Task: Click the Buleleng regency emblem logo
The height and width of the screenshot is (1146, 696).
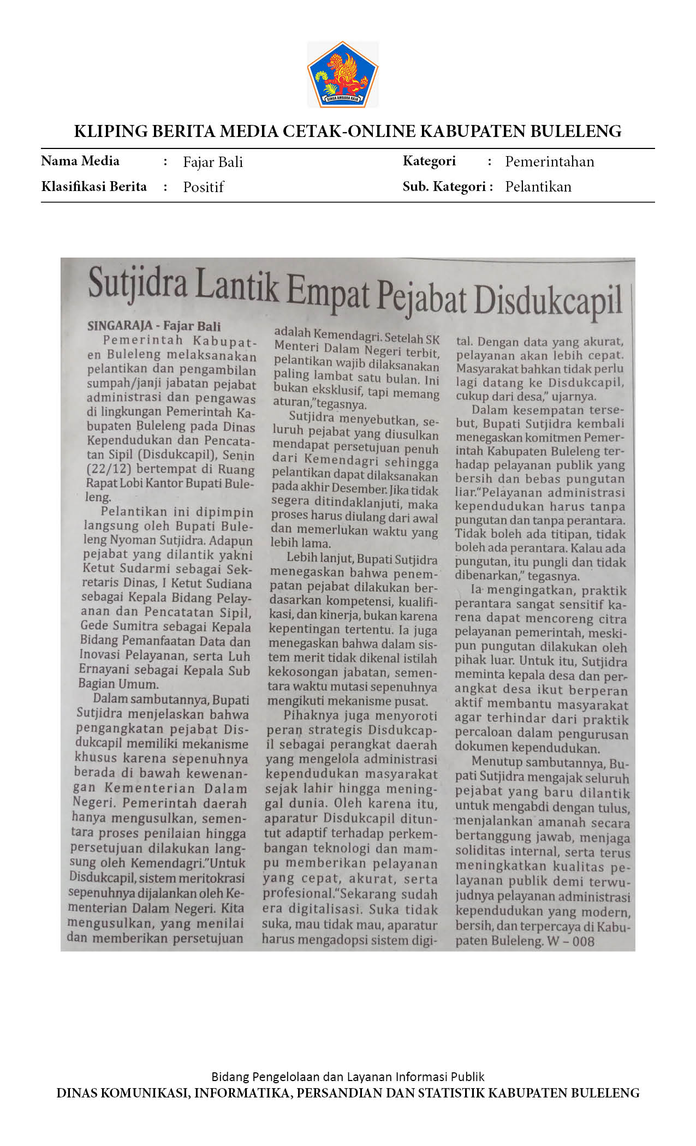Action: tap(343, 74)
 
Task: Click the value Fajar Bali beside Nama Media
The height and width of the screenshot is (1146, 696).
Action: tap(213, 162)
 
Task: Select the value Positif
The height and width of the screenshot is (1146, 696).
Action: tap(203, 187)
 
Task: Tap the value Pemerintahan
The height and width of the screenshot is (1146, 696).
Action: tap(549, 162)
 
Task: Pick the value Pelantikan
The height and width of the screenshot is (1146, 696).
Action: tap(538, 187)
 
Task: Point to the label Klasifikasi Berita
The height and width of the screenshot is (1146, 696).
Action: tap(94, 187)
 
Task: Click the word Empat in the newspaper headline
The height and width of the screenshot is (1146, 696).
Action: tap(328, 294)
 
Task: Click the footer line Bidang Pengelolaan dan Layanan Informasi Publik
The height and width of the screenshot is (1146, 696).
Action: tap(348, 1077)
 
